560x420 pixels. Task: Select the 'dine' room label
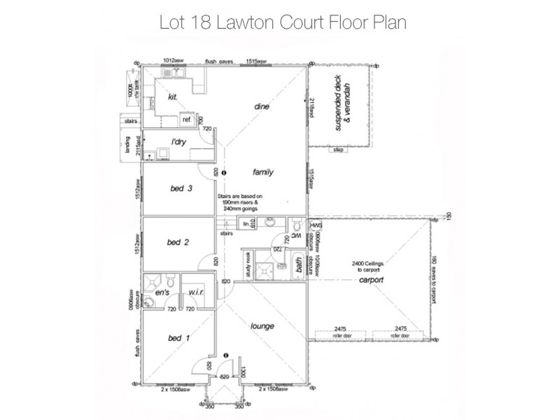click(x=261, y=107)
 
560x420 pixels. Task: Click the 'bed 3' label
click(x=181, y=189)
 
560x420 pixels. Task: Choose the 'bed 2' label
click(x=178, y=242)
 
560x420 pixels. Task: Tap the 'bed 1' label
click(x=179, y=338)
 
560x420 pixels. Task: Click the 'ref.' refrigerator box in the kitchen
click(x=187, y=120)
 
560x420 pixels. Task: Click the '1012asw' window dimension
click(x=172, y=62)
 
